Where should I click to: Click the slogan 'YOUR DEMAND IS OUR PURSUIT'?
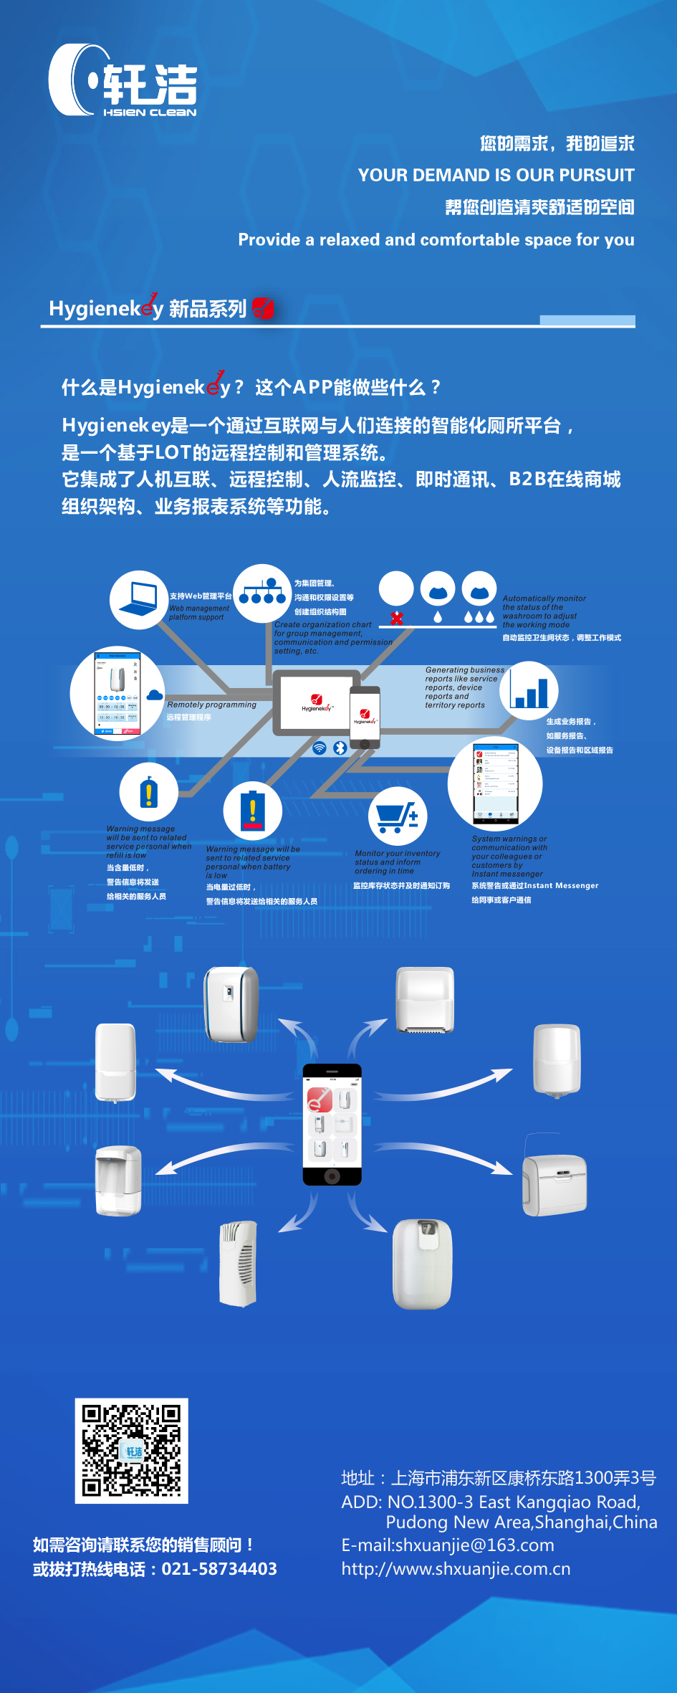coord(496,176)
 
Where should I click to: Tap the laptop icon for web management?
coord(139,600)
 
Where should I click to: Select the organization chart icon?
coord(261,593)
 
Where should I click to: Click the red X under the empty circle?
coord(396,618)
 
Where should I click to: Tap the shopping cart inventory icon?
coord(398,816)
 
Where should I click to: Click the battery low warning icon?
coord(252,810)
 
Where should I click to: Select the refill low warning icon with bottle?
coord(148,791)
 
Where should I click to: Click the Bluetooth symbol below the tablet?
coord(340,748)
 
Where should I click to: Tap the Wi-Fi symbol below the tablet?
coord(320,748)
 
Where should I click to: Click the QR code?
coord(131,1450)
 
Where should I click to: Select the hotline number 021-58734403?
coord(219,1569)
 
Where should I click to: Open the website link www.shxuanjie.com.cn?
coord(456,1569)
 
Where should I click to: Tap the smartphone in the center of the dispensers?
coord(332,1125)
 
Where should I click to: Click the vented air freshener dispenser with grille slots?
coord(239,1264)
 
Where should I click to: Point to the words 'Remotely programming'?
coord(211,705)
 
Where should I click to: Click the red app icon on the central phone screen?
coord(320,1099)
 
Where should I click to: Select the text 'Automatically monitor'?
coord(544,598)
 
